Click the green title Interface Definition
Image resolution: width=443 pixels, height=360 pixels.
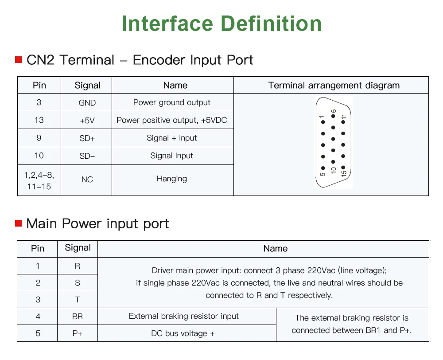(x=221, y=23)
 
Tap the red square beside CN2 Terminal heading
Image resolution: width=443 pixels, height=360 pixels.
(x=19, y=60)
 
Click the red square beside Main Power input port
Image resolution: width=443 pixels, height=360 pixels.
(x=19, y=223)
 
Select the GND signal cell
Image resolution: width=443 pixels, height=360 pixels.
(x=87, y=103)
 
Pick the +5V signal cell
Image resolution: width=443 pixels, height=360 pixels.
(x=87, y=121)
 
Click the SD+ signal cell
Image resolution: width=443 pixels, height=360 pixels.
(x=87, y=138)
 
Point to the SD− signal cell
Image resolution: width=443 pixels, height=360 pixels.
(x=87, y=156)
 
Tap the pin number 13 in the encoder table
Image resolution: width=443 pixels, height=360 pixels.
(x=39, y=120)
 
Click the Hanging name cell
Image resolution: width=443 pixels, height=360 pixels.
(x=172, y=179)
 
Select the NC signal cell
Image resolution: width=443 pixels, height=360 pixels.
(x=87, y=180)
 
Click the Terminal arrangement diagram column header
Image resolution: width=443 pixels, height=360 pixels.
(x=334, y=86)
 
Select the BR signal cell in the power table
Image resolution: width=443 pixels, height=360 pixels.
(x=78, y=317)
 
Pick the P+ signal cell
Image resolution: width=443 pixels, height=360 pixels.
(x=78, y=333)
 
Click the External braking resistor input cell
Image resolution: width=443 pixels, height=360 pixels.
(x=183, y=316)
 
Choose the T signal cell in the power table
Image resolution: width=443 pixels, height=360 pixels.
(x=78, y=300)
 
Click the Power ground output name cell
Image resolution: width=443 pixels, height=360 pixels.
(x=172, y=102)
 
